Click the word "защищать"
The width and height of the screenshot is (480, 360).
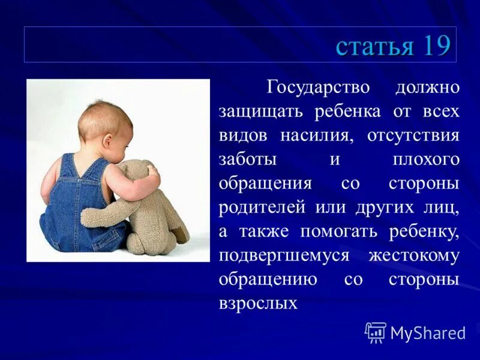tap(257, 112)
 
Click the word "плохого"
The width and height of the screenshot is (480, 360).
tap(426, 159)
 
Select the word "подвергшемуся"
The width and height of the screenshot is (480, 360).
tap(284, 256)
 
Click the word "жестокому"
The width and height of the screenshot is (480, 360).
tap(414, 256)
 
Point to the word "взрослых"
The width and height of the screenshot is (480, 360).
tap(258, 303)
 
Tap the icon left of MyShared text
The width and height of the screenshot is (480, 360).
tap(376, 332)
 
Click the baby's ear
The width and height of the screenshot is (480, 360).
tap(107, 142)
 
